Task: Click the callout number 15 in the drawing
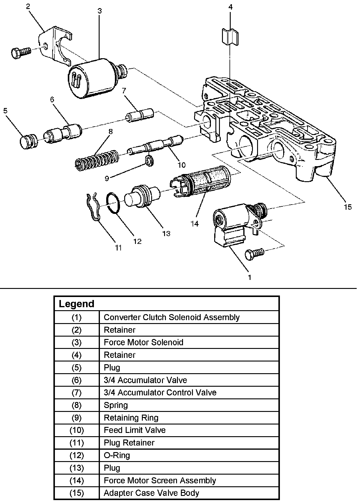click(348, 207)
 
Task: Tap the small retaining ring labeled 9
click(150, 160)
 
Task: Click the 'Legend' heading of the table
click(76, 304)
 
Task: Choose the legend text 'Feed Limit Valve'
click(134, 430)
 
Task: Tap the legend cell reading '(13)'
click(76, 468)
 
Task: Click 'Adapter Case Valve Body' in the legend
click(151, 493)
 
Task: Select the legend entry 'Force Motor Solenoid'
click(143, 342)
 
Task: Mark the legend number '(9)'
click(76, 418)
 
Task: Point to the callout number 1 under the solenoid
click(250, 277)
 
